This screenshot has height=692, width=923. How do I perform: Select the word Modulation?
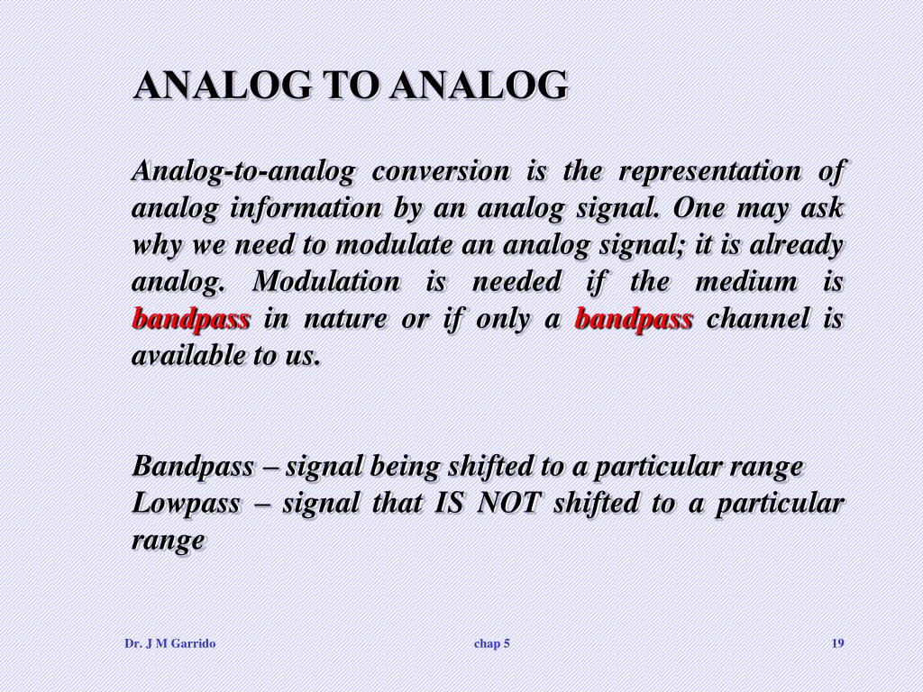point(325,282)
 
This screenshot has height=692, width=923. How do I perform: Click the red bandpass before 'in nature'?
point(190,319)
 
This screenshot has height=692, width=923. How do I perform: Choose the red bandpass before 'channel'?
point(634,319)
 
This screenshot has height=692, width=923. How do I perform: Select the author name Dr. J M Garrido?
point(169,643)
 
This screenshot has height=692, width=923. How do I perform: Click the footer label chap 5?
point(492,643)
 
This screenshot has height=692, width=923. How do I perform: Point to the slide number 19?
point(837,643)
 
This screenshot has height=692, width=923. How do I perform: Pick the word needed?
point(516,282)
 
